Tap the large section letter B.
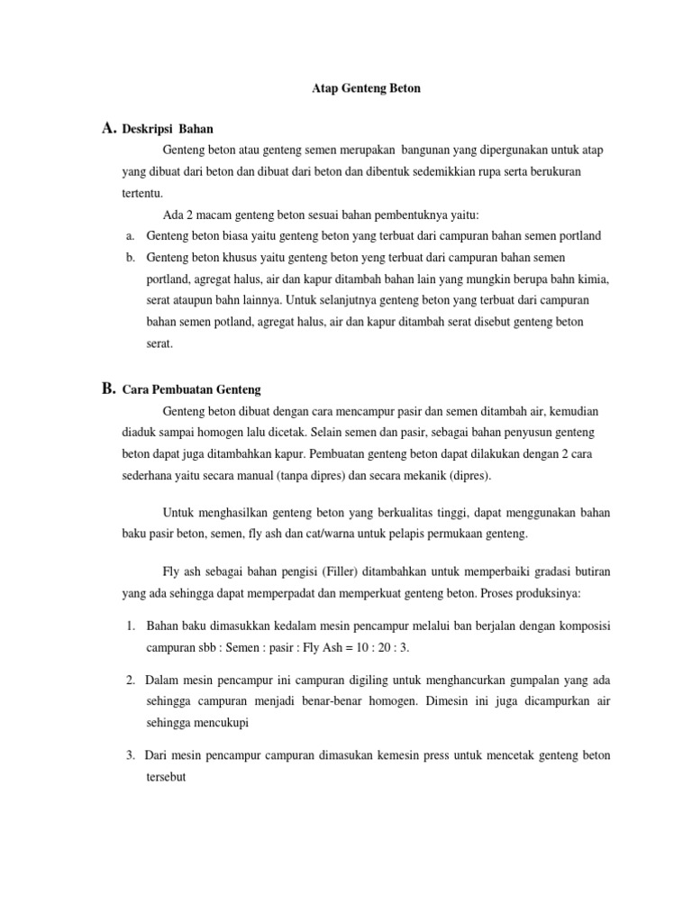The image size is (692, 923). (x=109, y=388)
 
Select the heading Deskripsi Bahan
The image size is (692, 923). (x=174, y=130)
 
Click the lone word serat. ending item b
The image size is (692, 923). (x=159, y=343)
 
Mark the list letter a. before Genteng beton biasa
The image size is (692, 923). (x=131, y=235)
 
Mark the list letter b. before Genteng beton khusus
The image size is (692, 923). (x=131, y=257)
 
